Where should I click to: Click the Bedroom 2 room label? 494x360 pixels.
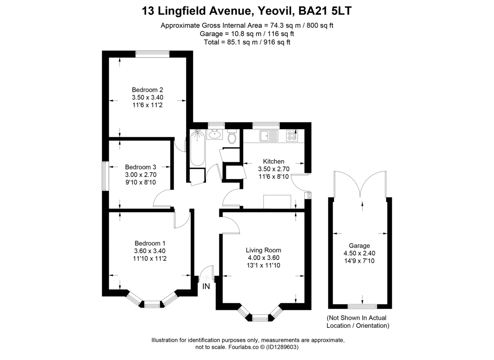(147, 90)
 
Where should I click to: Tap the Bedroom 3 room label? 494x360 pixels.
(140, 167)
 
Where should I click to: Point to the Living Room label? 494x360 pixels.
(263, 250)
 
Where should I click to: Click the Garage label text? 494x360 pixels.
(359, 245)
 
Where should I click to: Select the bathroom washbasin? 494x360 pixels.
(214, 134)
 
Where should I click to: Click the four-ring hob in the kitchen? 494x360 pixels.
(292, 136)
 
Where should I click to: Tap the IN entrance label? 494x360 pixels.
(206, 286)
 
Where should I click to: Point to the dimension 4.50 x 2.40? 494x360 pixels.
(359, 253)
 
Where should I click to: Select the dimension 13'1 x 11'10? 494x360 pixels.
(263, 265)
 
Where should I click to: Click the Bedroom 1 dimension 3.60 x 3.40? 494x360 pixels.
(150, 251)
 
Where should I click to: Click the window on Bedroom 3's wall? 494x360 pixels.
(105, 176)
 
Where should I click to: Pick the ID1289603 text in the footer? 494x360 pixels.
(282, 347)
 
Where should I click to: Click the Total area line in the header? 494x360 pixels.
(247, 42)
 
